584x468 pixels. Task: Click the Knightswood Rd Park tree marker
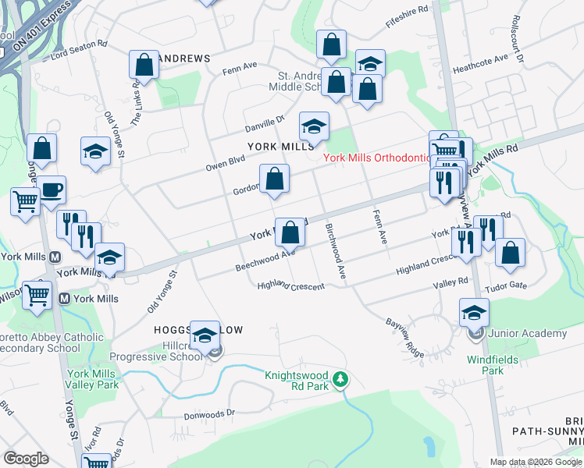pyautogui.click(x=340, y=380)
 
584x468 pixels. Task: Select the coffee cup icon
pyautogui.click(x=52, y=190)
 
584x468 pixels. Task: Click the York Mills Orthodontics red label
pyautogui.click(x=377, y=158)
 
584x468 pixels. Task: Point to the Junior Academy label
pyautogui.click(x=527, y=334)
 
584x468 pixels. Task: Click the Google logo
pyautogui.click(x=26, y=459)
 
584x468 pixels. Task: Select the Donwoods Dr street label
pyautogui.click(x=209, y=414)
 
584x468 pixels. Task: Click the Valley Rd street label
pyautogui.click(x=451, y=282)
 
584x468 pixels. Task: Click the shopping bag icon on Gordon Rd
pyautogui.click(x=274, y=180)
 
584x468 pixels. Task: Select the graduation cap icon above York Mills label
pyautogui.click(x=314, y=126)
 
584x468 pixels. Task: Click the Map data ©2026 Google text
pyautogui.click(x=536, y=462)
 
